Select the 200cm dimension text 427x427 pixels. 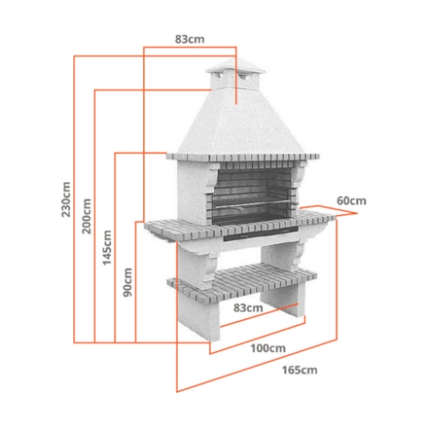(x=86, y=218)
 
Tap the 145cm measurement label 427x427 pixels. (x=107, y=247)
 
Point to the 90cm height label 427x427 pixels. (x=127, y=282)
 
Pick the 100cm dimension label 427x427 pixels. (x=267, y=348)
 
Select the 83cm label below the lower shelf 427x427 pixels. (x=248, y=307)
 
